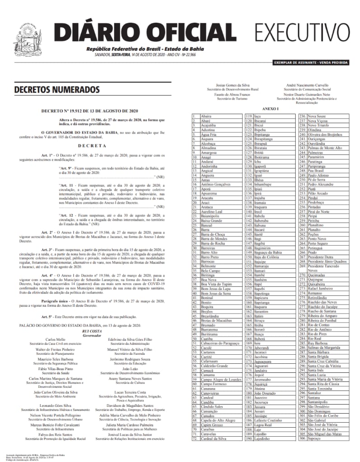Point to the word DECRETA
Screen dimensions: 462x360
point(92,146)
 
